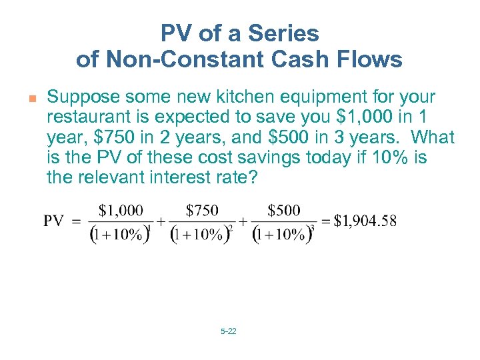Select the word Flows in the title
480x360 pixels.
[x=372, y=59]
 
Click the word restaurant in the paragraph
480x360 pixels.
[x=89, y=118]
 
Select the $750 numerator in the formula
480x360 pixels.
[x=202, y=211]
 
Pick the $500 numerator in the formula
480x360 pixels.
[x=283, y=211]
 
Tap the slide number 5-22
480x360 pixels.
[x=228, y=331]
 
